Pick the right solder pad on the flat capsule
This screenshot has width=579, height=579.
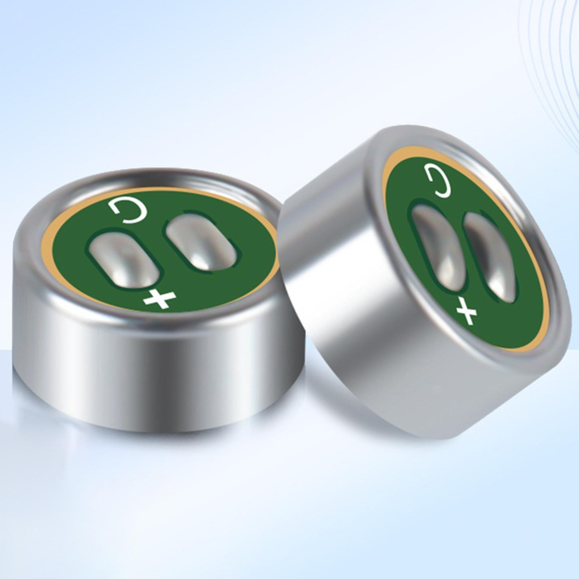click(x=201, y=241)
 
